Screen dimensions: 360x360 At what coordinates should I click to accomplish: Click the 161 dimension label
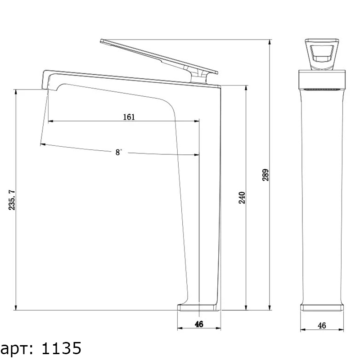pos(129,117)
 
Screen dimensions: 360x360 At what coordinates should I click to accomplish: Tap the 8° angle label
pos(118,152)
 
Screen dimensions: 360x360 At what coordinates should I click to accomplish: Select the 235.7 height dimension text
pos(12,200)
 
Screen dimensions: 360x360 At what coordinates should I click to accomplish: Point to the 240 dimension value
pos(242,198)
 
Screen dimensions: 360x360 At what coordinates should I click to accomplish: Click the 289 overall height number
pos(265,175)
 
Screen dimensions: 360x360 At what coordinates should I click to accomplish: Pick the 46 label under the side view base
pos(199,324)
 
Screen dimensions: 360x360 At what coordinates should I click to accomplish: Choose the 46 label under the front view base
pos(322,325)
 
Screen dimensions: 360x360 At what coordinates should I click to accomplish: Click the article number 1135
pos(61,348)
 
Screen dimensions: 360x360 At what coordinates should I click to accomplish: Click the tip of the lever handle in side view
pos(101,41)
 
